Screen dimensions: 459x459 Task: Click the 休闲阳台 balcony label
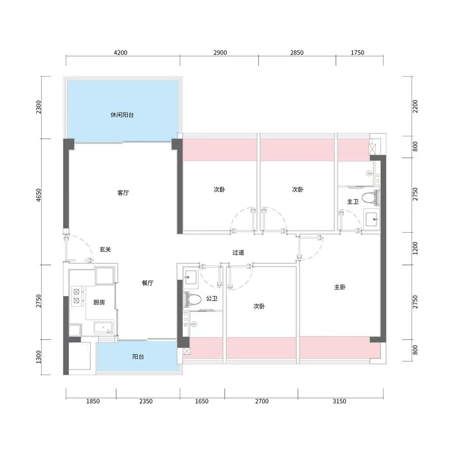(x=122, y=115)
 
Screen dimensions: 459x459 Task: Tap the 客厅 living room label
(x=123, y=193)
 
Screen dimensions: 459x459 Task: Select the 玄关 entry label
(x=106, y=250)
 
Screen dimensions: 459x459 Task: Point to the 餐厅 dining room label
(x=147, y=283)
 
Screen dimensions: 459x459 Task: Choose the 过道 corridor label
(x=238, y=252)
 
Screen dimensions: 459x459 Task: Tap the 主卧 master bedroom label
(x=340, y=287)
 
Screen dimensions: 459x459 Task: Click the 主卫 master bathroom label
(x=353, y=202)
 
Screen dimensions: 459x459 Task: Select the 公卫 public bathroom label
(x=212, y=299)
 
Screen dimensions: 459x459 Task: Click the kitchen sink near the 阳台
(x=104, y=328)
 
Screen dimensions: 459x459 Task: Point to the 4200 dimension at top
(x=120, y=53)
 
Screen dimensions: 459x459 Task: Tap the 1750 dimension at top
(x=357, y=53)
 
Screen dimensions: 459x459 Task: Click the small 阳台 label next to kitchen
(x=138, y=357)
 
